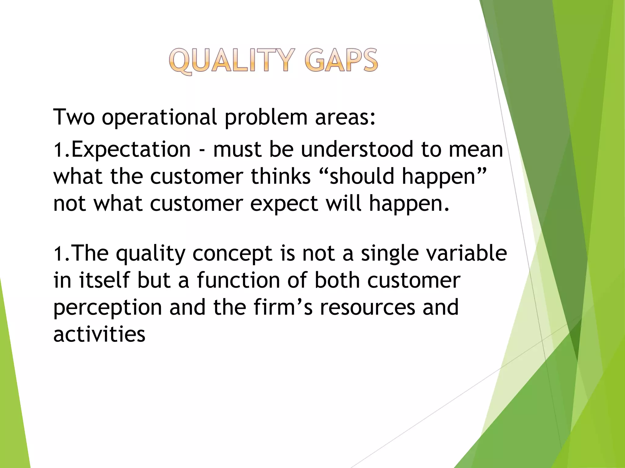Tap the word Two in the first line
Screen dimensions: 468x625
(74, 117)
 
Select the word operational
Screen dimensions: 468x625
(159, 118)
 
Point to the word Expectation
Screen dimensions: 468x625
(131, 150)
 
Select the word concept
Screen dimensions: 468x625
(232, 254)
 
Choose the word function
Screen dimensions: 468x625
(238, 280)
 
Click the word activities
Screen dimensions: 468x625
(99, 334)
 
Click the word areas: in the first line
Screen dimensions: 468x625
(345, 118)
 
